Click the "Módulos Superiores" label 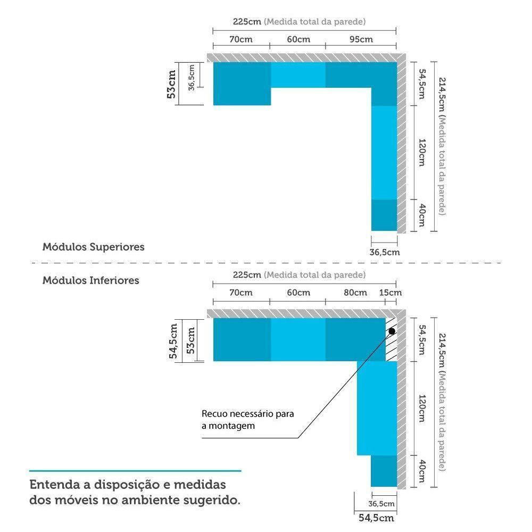click(x=93, y=247)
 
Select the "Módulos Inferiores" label click(x=90, y=280)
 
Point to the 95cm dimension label click(x=362, y=39)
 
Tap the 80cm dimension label click(x=355, y=293)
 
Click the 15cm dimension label click(x=391, y=293)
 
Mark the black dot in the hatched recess click(x=392, y=331)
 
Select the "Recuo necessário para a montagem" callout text click(x=247, y=419)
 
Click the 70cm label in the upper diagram click(x=241, y=39)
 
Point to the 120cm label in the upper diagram click(x=421, y=153)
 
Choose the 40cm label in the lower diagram click(x=421, y=470)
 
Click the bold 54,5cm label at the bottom click(x=376, y=517)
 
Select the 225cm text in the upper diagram click(x=247, y=22)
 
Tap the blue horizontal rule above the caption click(x=135, y=471)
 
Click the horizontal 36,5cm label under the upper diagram click(x=384, y=252)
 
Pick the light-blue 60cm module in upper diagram click(x=298, y=75)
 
